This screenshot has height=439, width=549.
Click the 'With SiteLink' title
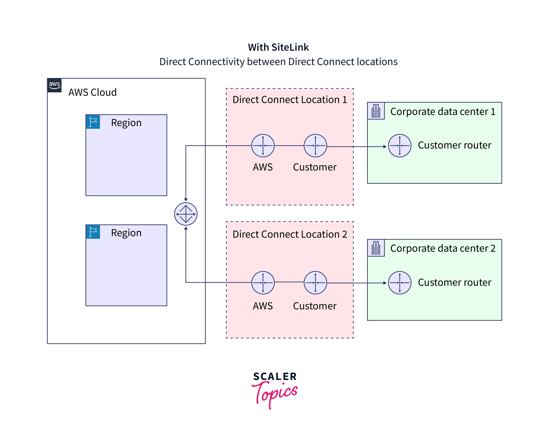pos(278,47)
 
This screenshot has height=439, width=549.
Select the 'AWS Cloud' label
pos(92,92)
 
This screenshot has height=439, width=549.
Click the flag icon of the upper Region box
pos(93,122)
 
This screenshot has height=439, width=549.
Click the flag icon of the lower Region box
pos(93,232)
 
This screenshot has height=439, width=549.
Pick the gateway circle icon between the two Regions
pos(186,214)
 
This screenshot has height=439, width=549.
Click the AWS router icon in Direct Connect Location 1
pos(263,146)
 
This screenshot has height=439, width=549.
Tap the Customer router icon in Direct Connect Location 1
pos(315,146)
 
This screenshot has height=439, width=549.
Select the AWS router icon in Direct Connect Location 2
pos(263,283)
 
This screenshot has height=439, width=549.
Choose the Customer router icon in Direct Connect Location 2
pos(315,283)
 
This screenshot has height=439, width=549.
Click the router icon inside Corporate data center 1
pos(400,146)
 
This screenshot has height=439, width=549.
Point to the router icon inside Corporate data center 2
pos(400,283)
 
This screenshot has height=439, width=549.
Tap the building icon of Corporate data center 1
pos(376,111)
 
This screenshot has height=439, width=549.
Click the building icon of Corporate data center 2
pos(376,248)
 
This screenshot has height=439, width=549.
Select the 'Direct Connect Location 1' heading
pos(290,100)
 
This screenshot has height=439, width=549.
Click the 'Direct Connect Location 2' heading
pos(290,234)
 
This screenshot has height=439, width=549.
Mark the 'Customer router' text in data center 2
pos(455,282)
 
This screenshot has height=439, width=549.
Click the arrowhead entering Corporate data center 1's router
pos(385,147)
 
